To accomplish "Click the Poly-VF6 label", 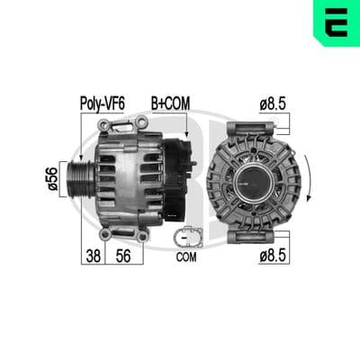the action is point(102,103).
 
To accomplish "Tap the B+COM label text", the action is point(170,103).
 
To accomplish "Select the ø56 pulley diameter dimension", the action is point(52,179).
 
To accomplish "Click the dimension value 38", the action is point(94,256).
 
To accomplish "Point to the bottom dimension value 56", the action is point(123,256).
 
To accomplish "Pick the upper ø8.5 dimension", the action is point(273,104).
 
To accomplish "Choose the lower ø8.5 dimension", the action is point(273,256).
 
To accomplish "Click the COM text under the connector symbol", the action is point(186,257).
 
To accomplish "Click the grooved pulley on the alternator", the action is point(80,179).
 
